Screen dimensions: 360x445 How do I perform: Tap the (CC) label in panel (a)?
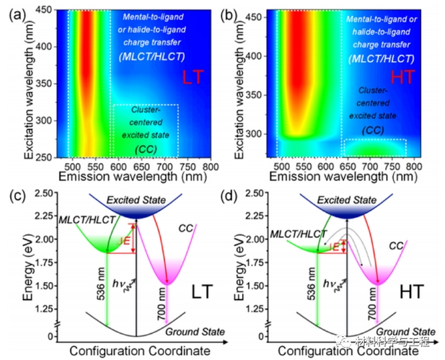[145, 148]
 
